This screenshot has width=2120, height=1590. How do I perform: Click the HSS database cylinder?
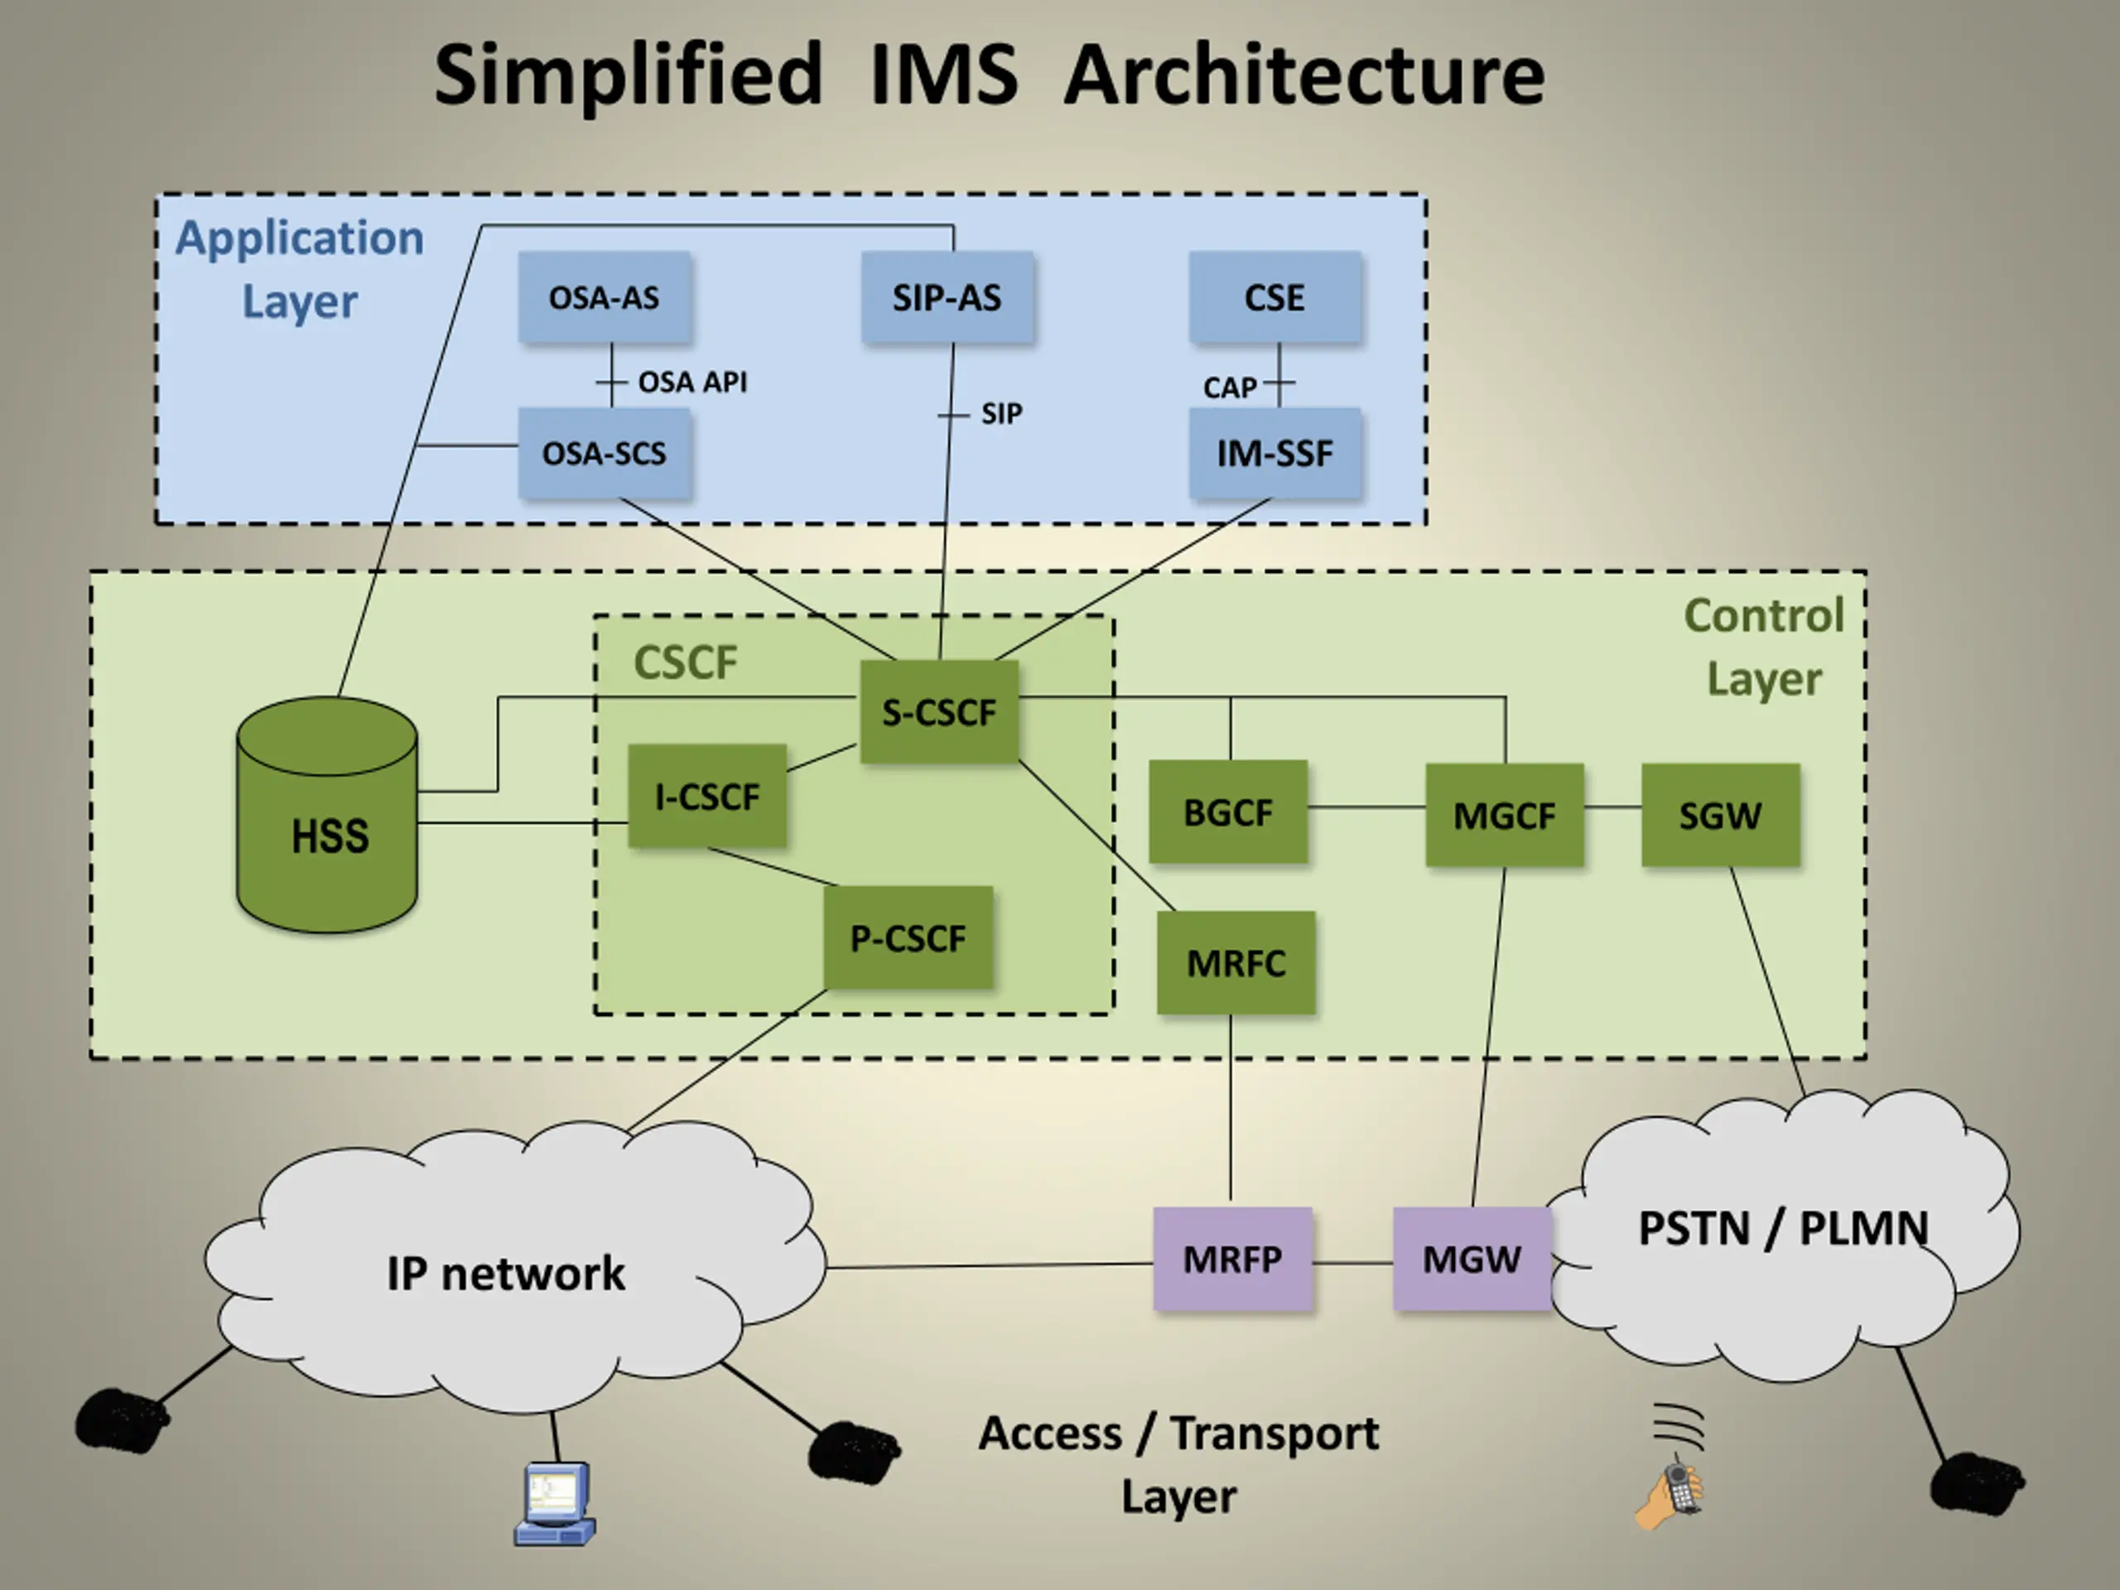point(327,815)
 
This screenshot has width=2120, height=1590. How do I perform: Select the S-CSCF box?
point(939,711)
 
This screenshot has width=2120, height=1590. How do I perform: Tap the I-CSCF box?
point(707,796)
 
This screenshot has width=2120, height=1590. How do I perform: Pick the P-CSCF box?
point(908,937)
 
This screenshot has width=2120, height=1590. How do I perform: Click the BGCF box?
point(1228,812)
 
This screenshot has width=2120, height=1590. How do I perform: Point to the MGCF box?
point(1505,815)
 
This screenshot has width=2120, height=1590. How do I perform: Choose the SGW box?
point(1720,815)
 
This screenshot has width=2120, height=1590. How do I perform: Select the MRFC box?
point(1236,962)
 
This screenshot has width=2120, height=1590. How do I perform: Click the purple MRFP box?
point(1232,1259)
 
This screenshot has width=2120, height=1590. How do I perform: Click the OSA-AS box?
point(605,297)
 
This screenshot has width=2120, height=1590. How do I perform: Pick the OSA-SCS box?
point(605,453)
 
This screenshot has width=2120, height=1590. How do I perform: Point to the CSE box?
point(1275,297)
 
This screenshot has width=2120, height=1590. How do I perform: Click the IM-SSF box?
point(1275,453)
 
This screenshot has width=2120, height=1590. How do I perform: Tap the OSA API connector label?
point(693,383)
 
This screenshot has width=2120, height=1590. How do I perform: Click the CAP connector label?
point(1230,388)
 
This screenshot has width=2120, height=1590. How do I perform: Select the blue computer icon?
point(555,1503)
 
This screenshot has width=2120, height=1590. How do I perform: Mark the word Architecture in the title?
point(1304,75)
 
